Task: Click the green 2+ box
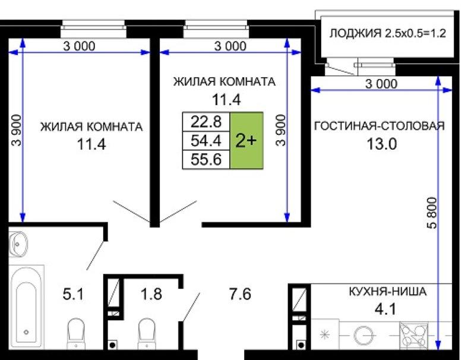(x=246, y=140)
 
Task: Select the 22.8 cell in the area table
(x=206, y=121)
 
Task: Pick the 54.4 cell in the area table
(x=206, y=141)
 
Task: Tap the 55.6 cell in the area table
(x=206, y=160)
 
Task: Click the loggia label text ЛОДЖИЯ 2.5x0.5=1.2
(x=387, y=33)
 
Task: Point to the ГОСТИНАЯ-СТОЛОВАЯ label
(x=379, y=126)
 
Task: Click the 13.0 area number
(x=382, y=144)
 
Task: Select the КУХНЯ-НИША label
(x=388, y=291)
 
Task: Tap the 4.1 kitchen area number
(x=385, y=309)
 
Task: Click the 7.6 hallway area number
(x=240, y=294)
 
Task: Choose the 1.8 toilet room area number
(x=151, y=294)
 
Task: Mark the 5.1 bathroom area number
(x=74, y=294)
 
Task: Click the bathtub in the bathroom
(x=27, y=307)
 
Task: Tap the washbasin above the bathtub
(x=18, y=244)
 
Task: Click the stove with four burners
(x=413, y=335)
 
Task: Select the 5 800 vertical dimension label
(x=431, y=213)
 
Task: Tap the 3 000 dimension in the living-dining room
(x=381, y=84)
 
